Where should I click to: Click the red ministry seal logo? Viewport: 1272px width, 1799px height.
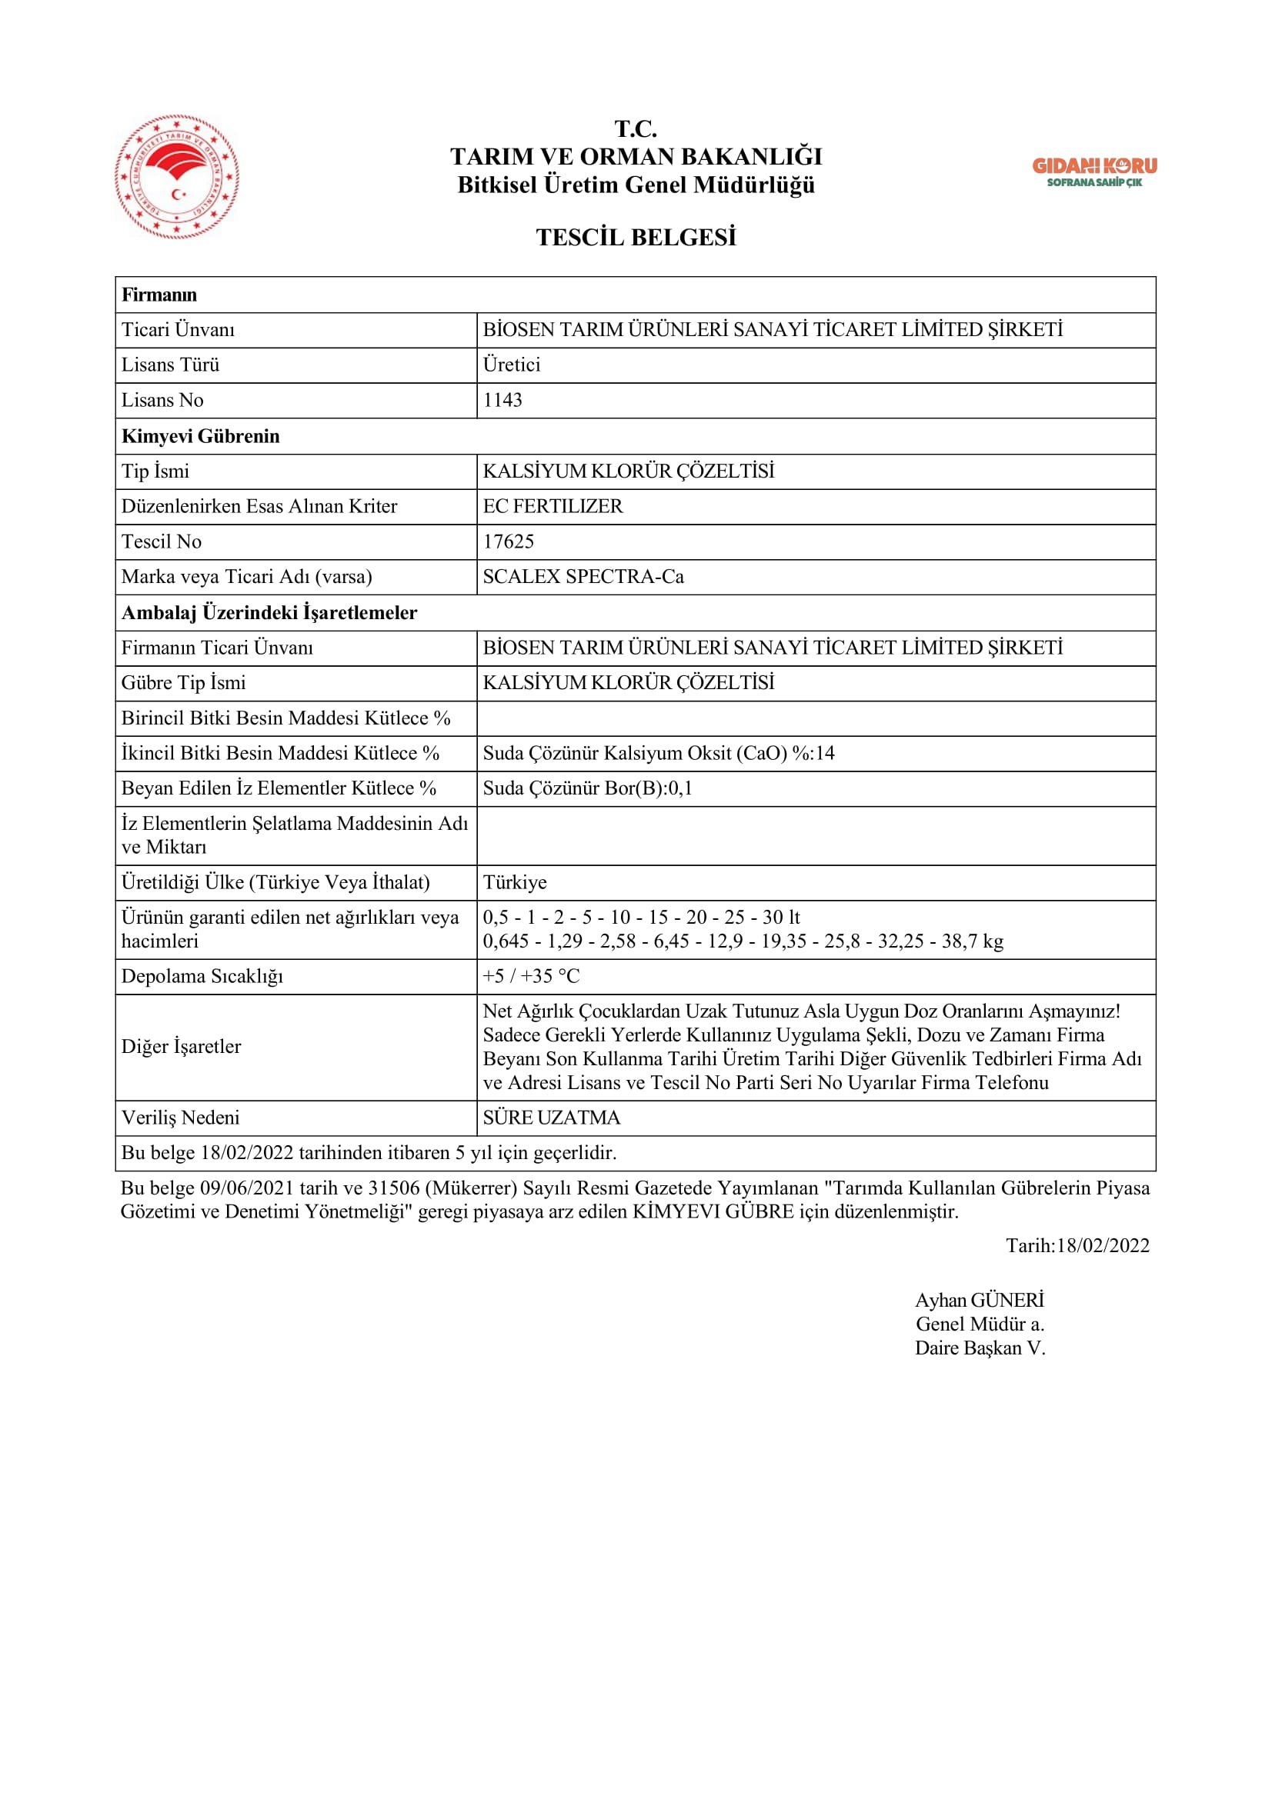coord(177,177)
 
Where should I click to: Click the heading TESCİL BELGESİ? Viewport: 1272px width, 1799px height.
coord(636,238)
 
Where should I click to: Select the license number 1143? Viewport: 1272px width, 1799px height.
coord(502,401)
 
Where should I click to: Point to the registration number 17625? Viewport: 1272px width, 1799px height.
coord(509,541)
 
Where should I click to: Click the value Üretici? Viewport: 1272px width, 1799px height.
coord(512,365)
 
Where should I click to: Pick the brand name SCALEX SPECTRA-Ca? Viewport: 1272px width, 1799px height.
coord(583,577)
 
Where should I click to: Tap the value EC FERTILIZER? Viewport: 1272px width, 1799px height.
coord(553,506)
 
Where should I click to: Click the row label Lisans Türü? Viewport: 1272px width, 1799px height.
coord(170,365)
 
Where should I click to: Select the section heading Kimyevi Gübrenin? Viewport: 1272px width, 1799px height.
coord(201,436)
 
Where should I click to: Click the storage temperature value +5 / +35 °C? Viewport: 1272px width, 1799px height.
coord(532,976)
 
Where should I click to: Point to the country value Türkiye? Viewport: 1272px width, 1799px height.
coord(515,882)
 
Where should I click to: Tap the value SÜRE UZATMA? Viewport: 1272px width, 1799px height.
coord(552,1118)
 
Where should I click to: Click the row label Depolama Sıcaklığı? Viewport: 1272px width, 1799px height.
coord(202,976)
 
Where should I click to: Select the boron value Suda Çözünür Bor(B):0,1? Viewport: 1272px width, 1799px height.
coord(588,788)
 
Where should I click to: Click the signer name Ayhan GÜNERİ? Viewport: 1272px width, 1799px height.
coord(980,1301)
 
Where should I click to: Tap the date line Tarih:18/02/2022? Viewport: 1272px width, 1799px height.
coord(1077,1246)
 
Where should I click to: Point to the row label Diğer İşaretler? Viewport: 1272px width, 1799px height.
coord(181,1047)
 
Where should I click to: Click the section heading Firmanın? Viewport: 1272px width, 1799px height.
coord(159,295)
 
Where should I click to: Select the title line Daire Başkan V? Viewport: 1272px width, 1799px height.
coord(980,1348)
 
